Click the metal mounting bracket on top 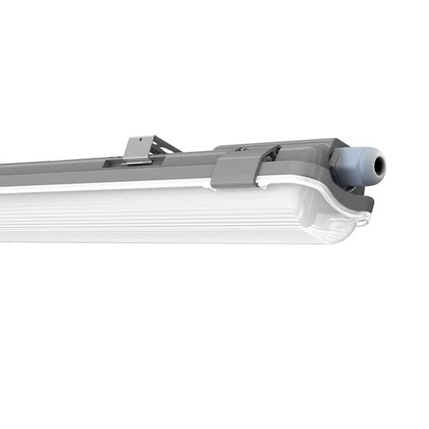138,148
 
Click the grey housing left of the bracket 51,167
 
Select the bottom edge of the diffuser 172,243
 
